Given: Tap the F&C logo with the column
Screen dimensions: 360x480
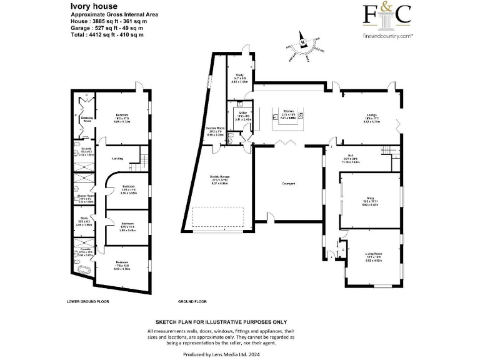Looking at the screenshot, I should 387,19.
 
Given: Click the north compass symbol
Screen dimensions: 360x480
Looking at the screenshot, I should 302,43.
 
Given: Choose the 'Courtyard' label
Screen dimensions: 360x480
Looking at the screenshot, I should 288,182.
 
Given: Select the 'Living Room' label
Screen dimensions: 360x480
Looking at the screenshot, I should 373,253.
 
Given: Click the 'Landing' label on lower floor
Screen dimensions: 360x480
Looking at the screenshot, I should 118,158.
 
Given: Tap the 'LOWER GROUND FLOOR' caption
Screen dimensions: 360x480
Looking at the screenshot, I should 87,301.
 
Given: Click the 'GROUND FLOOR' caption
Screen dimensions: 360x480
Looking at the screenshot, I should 192,301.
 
